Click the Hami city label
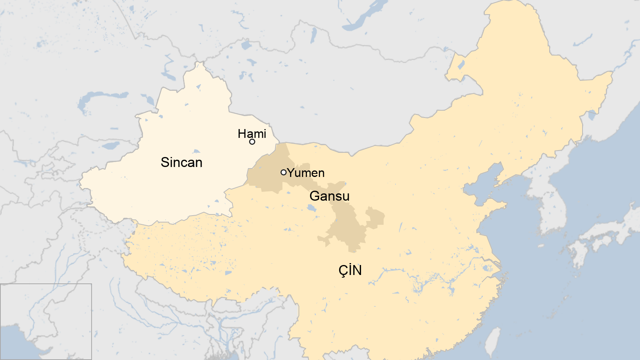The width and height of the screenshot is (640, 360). point(252,134)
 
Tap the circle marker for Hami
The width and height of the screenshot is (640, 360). point(252,142)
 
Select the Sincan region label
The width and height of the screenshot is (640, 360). point(181,162)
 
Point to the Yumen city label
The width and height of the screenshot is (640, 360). point(306,173)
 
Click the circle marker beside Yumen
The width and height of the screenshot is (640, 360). point(284,172)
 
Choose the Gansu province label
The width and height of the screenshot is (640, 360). point(329,196)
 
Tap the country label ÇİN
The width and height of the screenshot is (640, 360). point(350,270)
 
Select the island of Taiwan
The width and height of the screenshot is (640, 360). point(493,342)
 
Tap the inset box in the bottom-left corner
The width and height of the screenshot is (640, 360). point(46,321)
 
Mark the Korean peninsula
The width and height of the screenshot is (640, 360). point(550,207)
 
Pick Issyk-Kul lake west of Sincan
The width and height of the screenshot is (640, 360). point(112,146)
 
